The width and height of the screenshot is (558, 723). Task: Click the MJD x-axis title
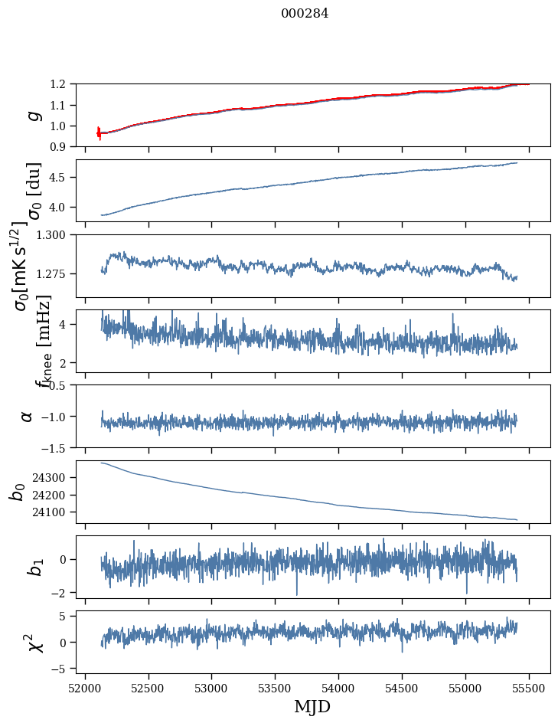tap(312, 706)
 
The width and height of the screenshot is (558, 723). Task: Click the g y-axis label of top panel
tap(32, 115)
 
